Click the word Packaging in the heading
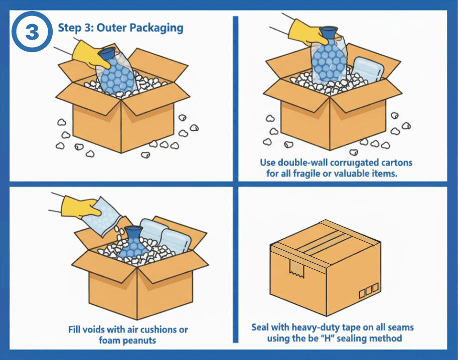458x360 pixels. [158, 27]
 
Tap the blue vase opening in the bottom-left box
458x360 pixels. [133, 232]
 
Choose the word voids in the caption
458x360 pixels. [98, 329]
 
